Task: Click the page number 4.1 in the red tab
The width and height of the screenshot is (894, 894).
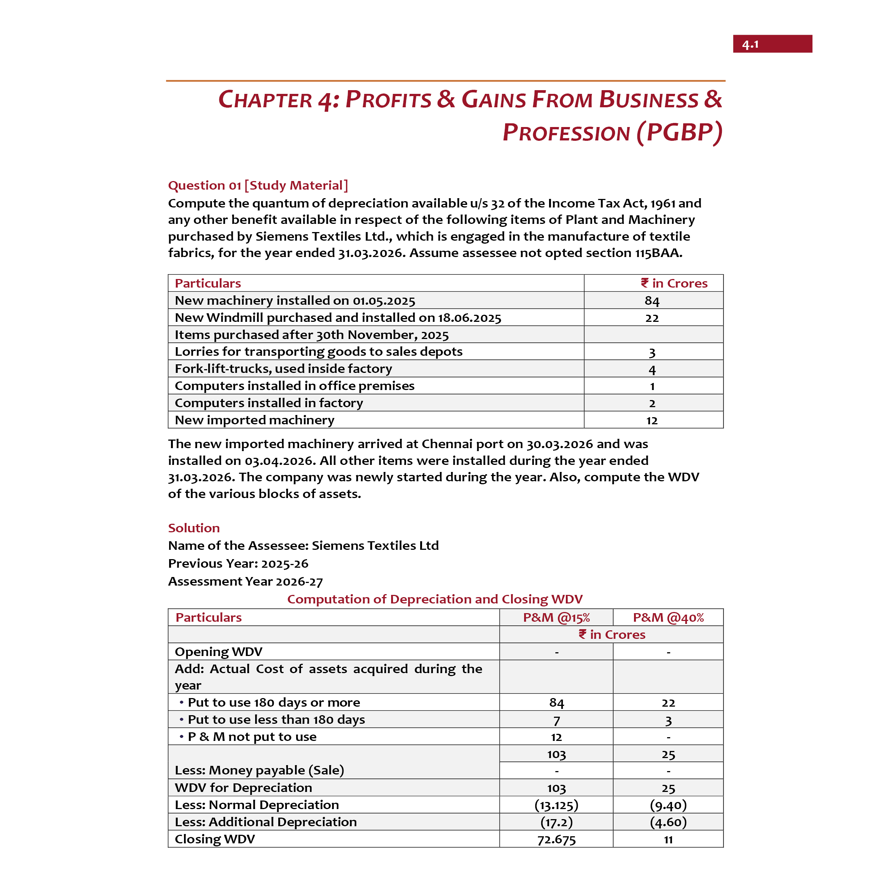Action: pos(750,44)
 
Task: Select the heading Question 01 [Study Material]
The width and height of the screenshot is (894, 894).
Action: pos(258,186)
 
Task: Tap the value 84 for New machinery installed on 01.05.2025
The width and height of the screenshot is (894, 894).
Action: pos(652,301)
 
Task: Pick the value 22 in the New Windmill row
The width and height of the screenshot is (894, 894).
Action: pos(652,318)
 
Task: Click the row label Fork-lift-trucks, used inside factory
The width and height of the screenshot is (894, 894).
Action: pos(283,369)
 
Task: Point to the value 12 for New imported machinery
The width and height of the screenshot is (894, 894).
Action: pos(652,421)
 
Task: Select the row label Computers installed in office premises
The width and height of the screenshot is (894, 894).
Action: pos(294,386)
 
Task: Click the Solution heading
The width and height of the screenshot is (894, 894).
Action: pos(193,528)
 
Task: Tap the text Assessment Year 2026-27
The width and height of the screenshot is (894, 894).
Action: pos(245,581)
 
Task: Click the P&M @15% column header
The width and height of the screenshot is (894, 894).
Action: pos(556,617)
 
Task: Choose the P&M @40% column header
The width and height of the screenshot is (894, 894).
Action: pos(668,617)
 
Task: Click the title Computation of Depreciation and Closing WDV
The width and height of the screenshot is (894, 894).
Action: pos(434,599)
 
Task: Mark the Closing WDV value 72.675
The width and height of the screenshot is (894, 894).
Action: pos(556,839)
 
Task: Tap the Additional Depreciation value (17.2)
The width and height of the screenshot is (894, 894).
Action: pos(556,822)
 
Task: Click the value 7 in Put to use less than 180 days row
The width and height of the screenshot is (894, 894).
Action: pos(556,720)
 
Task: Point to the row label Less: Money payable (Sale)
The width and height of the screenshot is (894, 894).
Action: pos(259,770)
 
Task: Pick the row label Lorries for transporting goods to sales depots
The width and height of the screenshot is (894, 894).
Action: pos(318,352)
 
